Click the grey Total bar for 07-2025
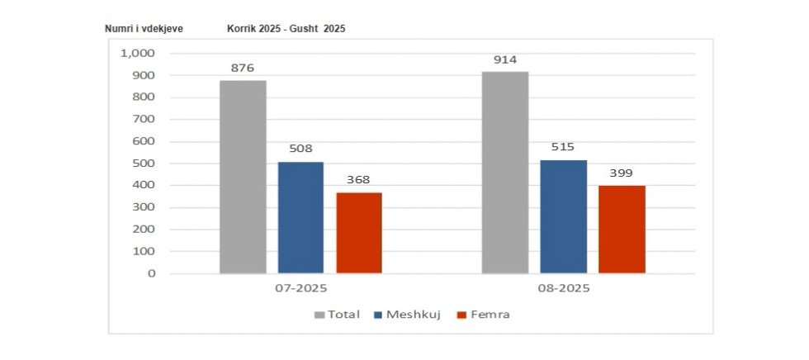click(243, 177)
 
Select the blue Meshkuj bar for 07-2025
click(300, 217)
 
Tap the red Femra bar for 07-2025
click(359, 233)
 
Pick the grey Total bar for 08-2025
click(505, 173)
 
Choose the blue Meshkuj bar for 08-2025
click(563, 216)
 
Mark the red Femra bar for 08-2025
click(622, 229)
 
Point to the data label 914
click(505, 61)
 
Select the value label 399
click(622, 174)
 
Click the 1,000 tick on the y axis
click(139, 54)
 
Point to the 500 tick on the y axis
click(144, 163)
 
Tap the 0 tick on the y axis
click(151, 273)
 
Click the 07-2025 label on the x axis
click(301, 289)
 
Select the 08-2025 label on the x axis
click(563, 289)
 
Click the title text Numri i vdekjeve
click(144, 29)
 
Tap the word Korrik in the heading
click(241, 29)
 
